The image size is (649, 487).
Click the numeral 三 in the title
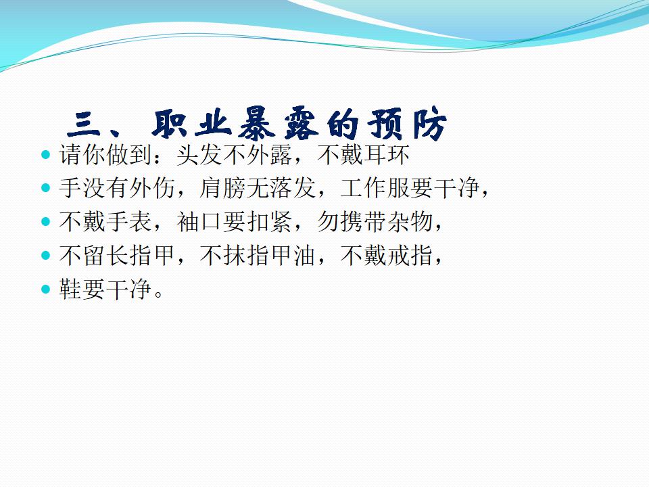(x=84, y=124)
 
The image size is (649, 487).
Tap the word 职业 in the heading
(x=191, y=123)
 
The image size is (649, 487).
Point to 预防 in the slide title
(x=408, y=124)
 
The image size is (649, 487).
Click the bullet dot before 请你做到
(x=45, y=155)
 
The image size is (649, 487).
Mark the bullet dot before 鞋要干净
(x=45, y=289)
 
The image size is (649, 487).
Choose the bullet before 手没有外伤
(x=45, y=189)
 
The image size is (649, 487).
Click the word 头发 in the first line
(x=199, y=155)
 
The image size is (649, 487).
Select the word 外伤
(x=152, y=189)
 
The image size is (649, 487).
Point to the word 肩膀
(x=222, y=189)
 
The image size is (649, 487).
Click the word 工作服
(x=375, y=189)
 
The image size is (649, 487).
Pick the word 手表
(x=128, y=222)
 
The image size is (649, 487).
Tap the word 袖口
(x=199, y=222)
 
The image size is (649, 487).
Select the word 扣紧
(x=270, y=222)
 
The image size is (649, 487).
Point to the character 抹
(x=235, y=255)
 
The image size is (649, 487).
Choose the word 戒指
(x=410, y=255)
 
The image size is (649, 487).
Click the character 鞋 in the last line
(x=71, y=289)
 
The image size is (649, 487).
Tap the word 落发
(x=293, y=189)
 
